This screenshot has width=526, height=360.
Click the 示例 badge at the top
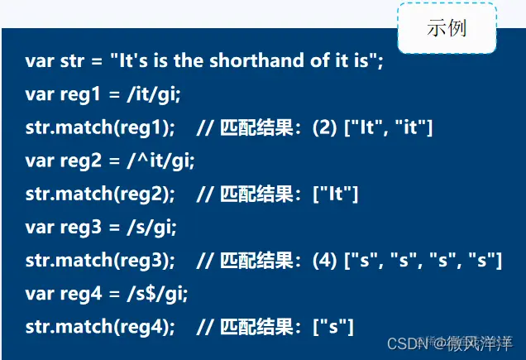click(x=447, y=28)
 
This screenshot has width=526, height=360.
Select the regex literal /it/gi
click(x=152, y=94)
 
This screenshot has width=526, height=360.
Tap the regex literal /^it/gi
click(x=160, y=161)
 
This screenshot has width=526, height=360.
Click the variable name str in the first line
click(x=68, y=61)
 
